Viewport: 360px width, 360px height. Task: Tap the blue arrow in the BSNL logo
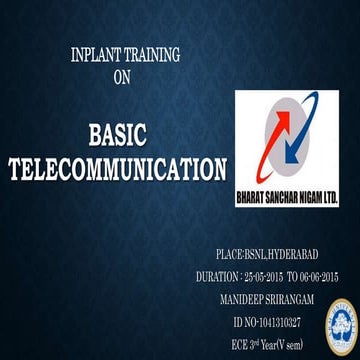(287, 135)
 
